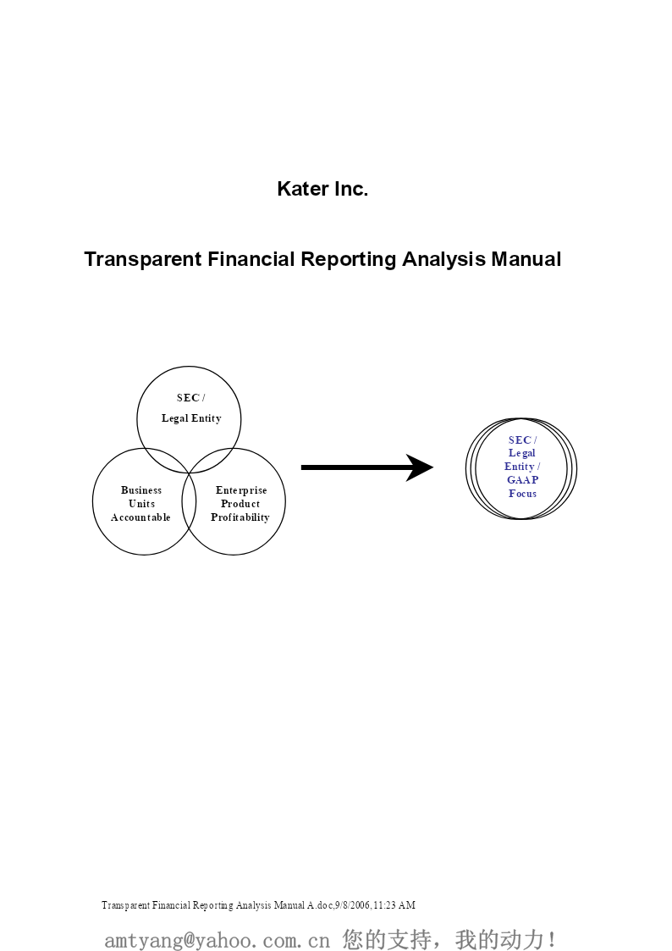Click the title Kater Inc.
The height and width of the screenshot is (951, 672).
322,189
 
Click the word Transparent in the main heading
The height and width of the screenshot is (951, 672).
143,260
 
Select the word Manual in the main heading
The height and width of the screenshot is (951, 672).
526,259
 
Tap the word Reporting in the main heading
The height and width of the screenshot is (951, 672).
349,260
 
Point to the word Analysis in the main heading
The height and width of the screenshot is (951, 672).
443,260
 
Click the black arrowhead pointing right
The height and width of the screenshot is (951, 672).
419,467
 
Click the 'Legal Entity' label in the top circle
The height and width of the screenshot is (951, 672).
191,418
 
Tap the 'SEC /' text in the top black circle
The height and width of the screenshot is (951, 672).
191,398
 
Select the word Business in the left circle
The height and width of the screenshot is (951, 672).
141,490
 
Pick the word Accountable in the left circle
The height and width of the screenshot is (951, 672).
140,517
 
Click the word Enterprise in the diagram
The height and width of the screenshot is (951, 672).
241,490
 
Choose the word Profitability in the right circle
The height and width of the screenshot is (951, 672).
240,517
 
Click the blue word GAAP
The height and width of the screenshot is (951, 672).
522,480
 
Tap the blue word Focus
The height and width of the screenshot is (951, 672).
522,494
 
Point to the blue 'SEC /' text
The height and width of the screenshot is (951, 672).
522,440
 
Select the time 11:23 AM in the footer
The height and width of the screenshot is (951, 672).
394,905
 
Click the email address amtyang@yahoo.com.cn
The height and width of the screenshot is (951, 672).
217,940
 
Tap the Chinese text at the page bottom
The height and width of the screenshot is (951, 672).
449,939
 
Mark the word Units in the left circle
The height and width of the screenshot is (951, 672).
141,504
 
